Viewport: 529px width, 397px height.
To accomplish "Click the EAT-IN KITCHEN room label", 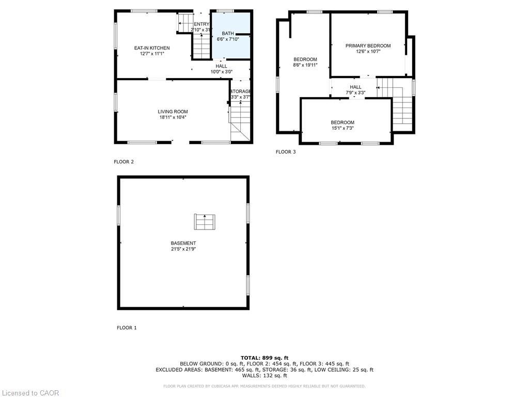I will [x=152, y=48].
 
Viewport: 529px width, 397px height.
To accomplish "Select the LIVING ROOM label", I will [x=173, y=112].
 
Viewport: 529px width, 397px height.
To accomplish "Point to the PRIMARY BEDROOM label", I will [x=368, y=45].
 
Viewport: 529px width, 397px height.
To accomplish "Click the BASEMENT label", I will [x=183, y=243].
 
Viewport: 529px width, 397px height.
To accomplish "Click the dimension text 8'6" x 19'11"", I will [x=305, y=65].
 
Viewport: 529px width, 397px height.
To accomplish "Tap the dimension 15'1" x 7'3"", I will [x=343, y=128].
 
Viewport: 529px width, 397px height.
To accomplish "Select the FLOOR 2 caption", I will [x=124, y=162].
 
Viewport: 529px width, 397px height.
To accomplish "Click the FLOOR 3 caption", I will [x=286, y=152].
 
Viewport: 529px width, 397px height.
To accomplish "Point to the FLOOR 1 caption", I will [x=127, y=328].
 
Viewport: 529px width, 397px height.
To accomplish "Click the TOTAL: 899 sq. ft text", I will [x=264, y=358].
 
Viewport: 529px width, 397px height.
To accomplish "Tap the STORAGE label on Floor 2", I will [x=241, y=91].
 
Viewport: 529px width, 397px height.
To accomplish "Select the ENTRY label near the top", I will [x=201, y=24].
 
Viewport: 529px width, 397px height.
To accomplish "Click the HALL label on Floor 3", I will [x=355, y=87].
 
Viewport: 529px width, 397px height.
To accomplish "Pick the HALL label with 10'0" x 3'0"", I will [x=221, y=66].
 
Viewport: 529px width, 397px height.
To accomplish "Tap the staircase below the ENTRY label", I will [x=202, y=47].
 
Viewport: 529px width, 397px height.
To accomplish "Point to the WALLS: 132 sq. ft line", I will [x=264, y=376].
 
